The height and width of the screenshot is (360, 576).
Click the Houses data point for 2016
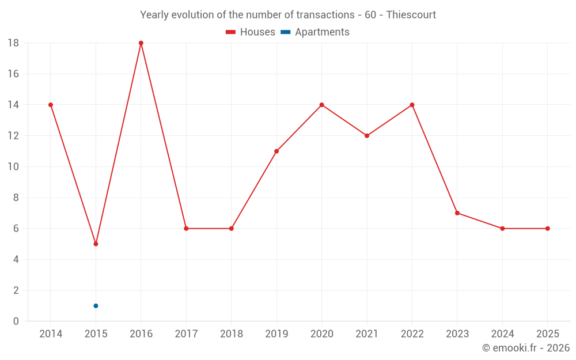(141, 43)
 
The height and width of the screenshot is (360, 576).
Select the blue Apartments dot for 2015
(96, 306)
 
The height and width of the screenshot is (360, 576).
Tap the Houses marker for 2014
(51, 105)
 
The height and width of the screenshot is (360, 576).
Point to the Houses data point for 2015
(96, 244)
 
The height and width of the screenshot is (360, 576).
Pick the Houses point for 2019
(276, 151)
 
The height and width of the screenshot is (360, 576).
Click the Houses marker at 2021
(367, 136)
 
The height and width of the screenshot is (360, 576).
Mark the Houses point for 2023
(457, 213)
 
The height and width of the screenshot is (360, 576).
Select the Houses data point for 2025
(548, 229)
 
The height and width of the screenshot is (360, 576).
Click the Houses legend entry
(251, 32)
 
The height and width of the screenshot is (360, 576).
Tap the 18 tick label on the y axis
(13, 43)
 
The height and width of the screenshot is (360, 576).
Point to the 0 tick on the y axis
(16, 321)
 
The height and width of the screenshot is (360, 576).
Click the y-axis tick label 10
(13, 167)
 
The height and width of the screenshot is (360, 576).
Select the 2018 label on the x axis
(232, 334)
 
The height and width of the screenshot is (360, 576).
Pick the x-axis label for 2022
(412, 334)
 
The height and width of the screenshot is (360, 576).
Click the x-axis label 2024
(502, 334)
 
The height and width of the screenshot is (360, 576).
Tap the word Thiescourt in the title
(411, 14)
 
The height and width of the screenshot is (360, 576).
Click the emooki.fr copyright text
(526, 348)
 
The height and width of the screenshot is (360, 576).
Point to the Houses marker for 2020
(322, 105)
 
